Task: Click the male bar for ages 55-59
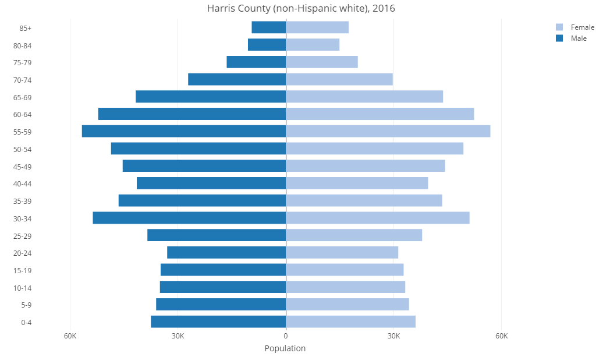(184, 131)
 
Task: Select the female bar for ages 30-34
(377, 218)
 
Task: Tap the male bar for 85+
(268, 27)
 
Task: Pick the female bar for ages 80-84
(313, 45)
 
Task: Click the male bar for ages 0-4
(218, 322)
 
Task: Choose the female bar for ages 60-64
(379, 114)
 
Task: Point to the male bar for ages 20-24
(226, 252)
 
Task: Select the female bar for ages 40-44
(357, 183)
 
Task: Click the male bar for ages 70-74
(237, 79)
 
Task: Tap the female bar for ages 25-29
(354, 235)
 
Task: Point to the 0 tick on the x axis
(286, 336)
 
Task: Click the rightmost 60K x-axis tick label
(501, 336)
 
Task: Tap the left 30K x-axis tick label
(178, 336)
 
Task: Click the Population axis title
(285, 348)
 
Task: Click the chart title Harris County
(301, 8)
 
